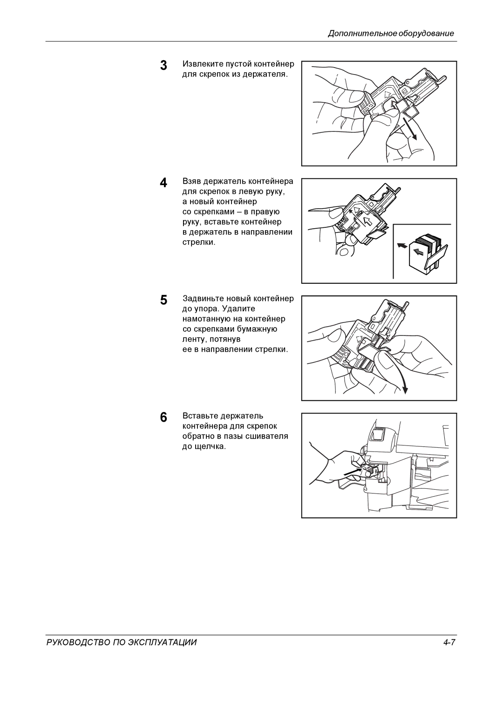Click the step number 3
(163, 65)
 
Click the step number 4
(163, 183)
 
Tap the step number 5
(163, 300)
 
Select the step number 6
(163, 417)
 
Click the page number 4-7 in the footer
(449, 642)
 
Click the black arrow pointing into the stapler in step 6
(353, 472)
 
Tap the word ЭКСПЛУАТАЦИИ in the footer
(163, 642)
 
